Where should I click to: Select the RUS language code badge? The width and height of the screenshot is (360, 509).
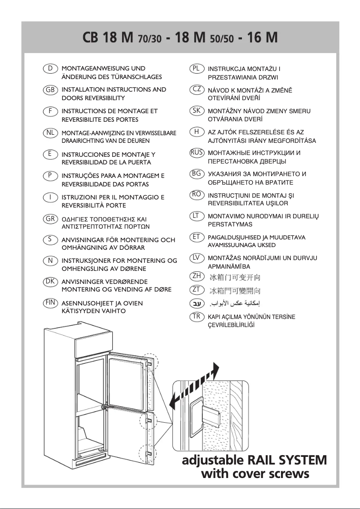pos(197,153)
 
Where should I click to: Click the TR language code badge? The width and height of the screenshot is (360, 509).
pos(197,316)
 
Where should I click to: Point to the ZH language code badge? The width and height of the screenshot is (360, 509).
pos(197,276)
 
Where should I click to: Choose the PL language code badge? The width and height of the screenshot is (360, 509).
pos(197,68)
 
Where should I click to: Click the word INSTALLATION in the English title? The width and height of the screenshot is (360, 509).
pos(83,89)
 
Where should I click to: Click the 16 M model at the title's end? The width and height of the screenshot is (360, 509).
pos(259,37)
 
